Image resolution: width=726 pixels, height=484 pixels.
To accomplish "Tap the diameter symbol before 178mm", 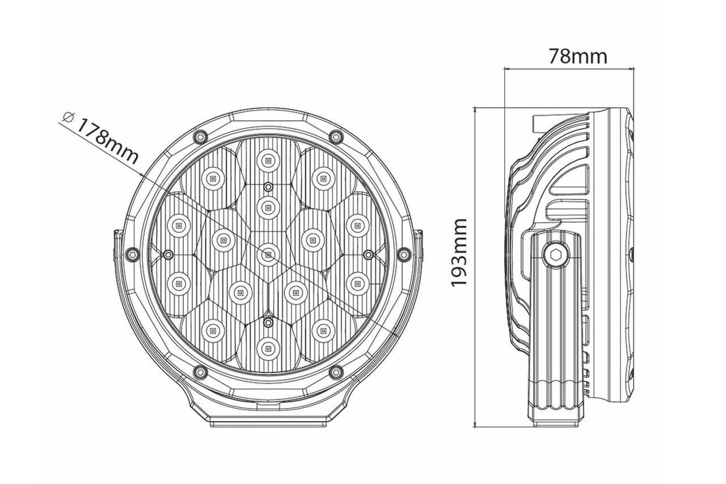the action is click(69, 117).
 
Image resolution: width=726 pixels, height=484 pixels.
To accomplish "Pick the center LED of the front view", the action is click(268, 255).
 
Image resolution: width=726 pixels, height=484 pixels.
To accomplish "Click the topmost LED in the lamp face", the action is click(268, 160).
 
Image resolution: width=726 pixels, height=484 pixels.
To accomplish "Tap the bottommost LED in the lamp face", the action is click(268, 349).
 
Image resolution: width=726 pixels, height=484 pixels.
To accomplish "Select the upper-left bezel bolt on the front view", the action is click(200, 136).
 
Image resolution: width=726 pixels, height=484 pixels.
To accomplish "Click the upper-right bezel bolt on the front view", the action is click(336, 136).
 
